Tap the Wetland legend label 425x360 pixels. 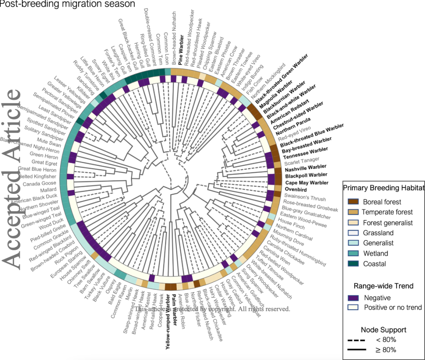[375, 254]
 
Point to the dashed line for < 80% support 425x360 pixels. [357, 340]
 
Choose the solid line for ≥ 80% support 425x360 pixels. [357, 350]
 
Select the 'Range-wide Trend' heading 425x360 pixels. [383, 286]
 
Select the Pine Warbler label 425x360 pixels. [181, 56]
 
